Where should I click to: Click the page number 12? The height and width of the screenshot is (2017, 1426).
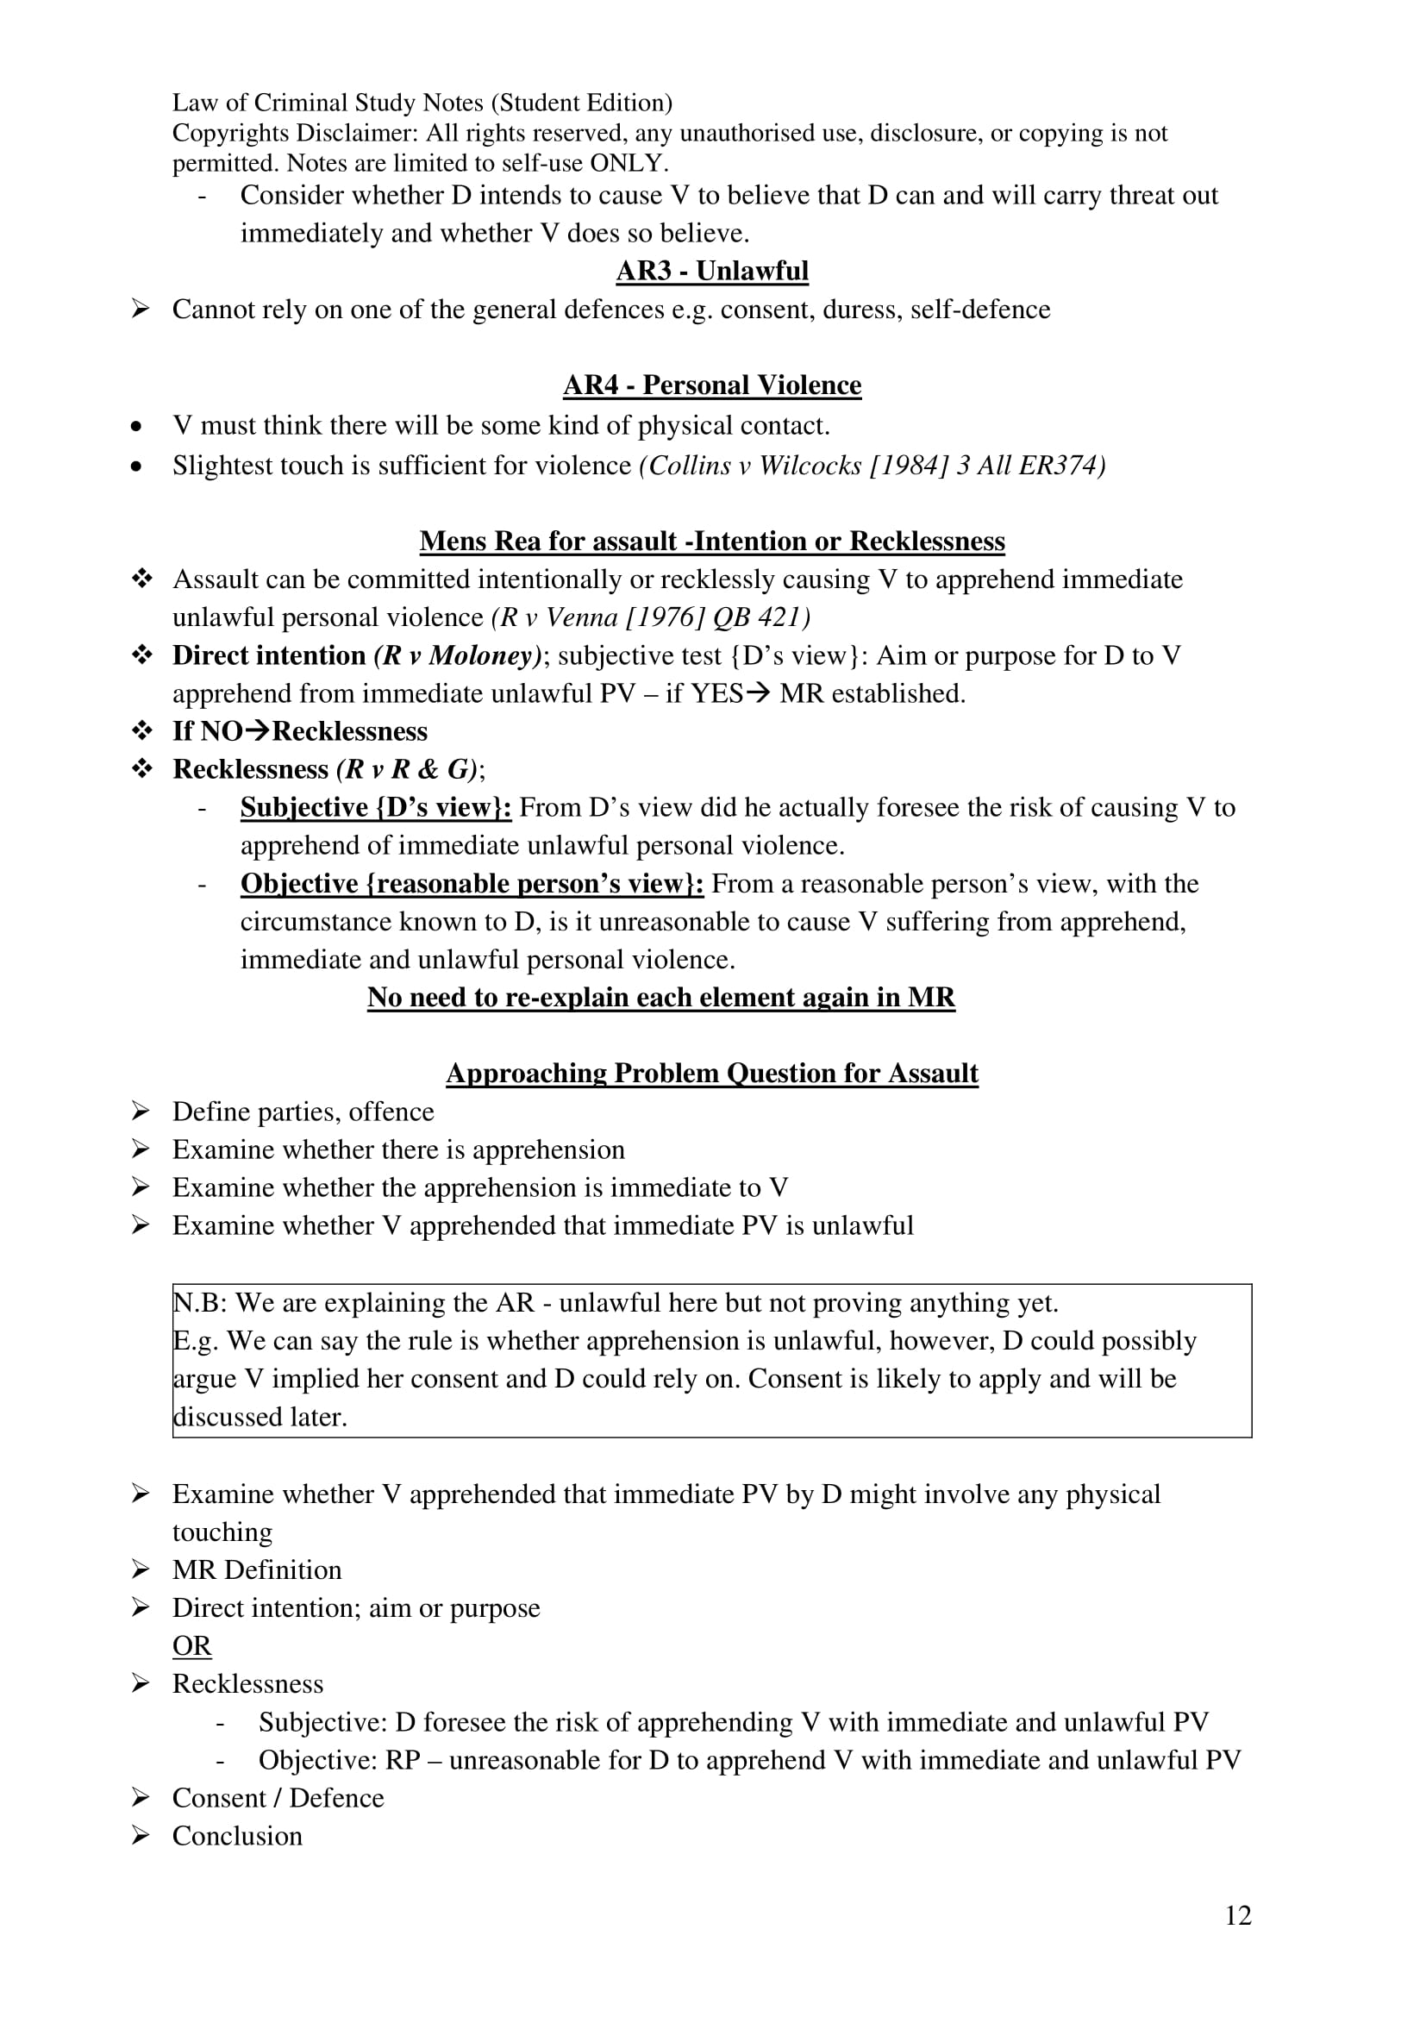coord(1237,1915)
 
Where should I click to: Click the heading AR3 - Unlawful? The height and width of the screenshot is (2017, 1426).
coord(712,271)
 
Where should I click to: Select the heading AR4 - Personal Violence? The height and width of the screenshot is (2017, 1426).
coord(712,385)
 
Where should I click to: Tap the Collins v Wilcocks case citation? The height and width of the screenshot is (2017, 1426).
coord(872,465)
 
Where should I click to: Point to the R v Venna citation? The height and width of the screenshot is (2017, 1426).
coord(651,617)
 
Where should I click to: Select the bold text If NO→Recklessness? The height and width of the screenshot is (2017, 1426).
coord(299,731)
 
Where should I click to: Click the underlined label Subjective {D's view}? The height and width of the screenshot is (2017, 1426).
coord(376,807)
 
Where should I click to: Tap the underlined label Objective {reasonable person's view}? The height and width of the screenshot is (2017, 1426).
coord(472,883)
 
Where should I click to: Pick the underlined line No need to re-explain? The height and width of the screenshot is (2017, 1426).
coord(661,997)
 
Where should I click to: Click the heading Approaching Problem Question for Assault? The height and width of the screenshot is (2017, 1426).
coord(712,1073)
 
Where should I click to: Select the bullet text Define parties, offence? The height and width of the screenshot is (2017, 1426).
coord(303,1112)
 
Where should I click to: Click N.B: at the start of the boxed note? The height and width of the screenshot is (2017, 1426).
coord(199,1302)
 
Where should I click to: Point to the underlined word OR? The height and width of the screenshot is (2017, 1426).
coord(191,1645)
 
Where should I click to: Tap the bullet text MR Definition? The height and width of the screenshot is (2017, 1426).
coord(256,1569)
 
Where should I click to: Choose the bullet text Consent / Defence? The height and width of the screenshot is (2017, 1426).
coord(278,1797)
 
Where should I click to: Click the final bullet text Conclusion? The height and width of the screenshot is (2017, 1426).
coord(237,1835)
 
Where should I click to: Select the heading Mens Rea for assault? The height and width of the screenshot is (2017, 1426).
coord(712,541)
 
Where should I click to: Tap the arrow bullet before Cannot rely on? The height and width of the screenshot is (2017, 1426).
coord(140,310)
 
